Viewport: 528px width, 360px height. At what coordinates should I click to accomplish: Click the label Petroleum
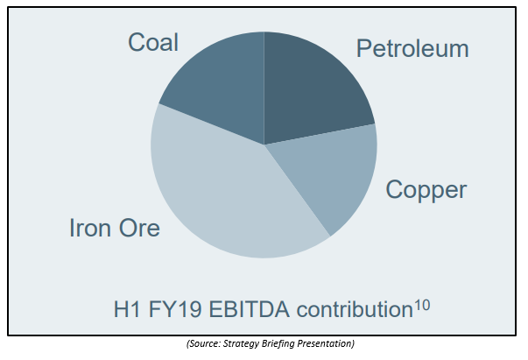pyautogui.click(x=412, y=49)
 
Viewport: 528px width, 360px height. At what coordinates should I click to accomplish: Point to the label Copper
pyautogui.click(x=426, y=190)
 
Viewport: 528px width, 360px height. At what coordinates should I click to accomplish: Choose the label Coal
pyautogui.click(x=153, y=42)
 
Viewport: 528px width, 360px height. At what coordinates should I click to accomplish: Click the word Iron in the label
pyautogui.click(x=90, y=228)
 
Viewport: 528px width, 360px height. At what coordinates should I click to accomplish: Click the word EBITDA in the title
pyautogui.click(x=249, y=309)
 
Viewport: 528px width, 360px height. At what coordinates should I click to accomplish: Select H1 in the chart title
pyautogui.click(x=127, y=309)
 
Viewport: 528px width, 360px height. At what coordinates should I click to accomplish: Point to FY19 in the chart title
pyautogui.click(x=175, y=309)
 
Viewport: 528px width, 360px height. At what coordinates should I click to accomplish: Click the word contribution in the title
pyautogui.click(x=355, y=309)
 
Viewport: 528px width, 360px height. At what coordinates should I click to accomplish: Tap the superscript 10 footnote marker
pyautogui.click(x=422, y=305)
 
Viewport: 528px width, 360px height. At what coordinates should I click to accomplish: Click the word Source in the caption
pyautogui.click(x=204, y=343)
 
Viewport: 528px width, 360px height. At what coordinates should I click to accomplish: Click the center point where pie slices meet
pyautogui.click(x=264, y=145)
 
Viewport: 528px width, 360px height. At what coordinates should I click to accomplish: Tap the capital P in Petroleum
pyautogui.click(x=363, y=49)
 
